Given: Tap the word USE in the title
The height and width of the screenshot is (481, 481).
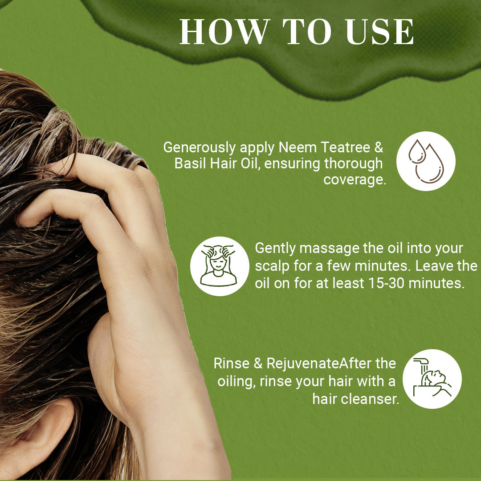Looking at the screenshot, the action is click(380, 32).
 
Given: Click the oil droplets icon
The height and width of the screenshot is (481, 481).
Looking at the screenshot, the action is click(426, 161).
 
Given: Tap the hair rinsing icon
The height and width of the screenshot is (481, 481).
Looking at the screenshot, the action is click(432, 379).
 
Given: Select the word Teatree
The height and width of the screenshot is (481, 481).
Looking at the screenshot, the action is click(346, 147).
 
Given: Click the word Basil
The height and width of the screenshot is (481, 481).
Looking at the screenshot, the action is click(191, 164).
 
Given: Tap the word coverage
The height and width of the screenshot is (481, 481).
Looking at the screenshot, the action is click(355, 180).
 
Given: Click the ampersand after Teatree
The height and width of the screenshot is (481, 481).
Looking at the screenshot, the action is click(379, 148).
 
